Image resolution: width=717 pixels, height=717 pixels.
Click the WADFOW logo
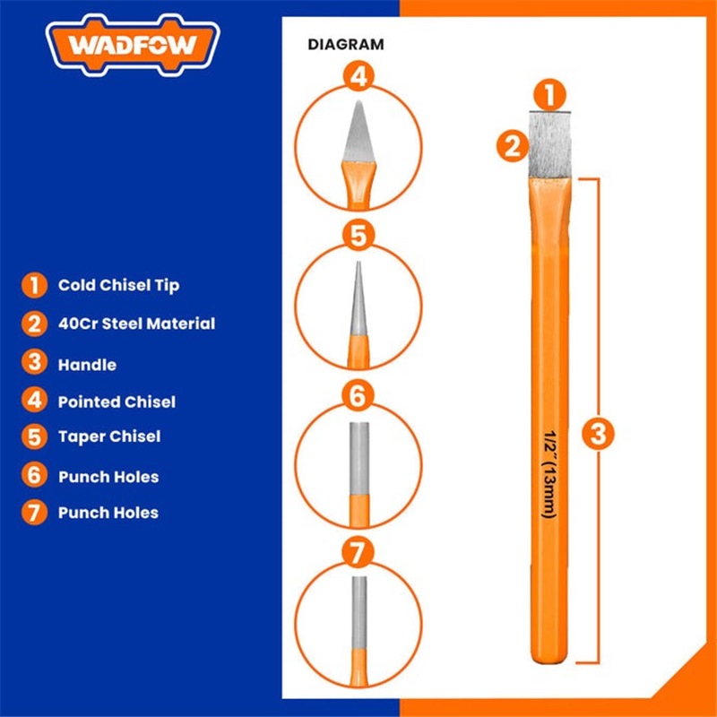(x=133, y=45)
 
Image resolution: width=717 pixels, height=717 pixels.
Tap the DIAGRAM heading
(x=346, y=44)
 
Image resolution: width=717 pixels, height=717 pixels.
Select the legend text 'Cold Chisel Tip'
(x=118, y=285)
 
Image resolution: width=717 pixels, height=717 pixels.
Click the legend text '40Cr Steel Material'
(x=136, y=324)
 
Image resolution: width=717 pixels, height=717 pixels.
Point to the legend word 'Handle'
(x=87, y=365)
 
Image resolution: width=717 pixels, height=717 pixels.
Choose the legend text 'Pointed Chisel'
(x=117, y=402)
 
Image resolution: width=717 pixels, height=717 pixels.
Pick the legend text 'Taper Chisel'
(x=109, y=436)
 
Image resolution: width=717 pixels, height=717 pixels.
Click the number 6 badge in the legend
(x=34, y=475)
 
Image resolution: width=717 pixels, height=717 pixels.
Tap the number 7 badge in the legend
(x=34, y=512)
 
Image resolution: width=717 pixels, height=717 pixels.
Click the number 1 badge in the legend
(x=34, y=285)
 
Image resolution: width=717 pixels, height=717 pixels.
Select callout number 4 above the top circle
(x=358, y=76)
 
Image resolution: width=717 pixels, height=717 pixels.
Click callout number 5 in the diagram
(x=358, y=237)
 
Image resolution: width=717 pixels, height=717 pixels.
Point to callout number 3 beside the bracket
(x=598, y=433)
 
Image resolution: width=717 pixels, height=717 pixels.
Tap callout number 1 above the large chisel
(x=549, y=95)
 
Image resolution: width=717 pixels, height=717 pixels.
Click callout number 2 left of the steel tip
(x=513, y=146)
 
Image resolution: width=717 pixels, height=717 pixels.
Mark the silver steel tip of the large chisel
(x=550, y=145)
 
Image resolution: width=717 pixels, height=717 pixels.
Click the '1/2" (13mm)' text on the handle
(x=549, y=474)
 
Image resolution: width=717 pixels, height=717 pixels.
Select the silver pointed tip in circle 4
(x=359, y=132)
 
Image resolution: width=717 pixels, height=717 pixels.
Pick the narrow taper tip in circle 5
(x=358, y=298)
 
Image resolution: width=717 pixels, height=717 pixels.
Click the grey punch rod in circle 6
(x=359, y=459)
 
